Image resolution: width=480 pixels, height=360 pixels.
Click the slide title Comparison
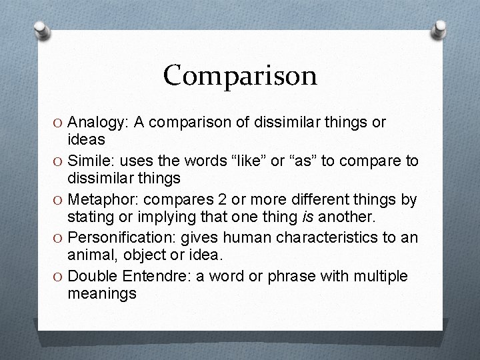pyautogui.click(x=240, y=75)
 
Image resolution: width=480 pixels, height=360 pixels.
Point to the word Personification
pyautogui.click(x=117, y=237)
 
